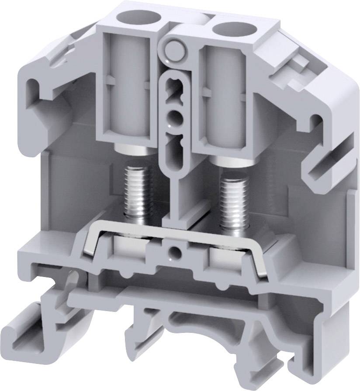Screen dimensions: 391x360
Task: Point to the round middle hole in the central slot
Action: pyautogui.click(x=174, y=117)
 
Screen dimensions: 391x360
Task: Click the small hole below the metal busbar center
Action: pyautogui.click(x=175, y=251)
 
